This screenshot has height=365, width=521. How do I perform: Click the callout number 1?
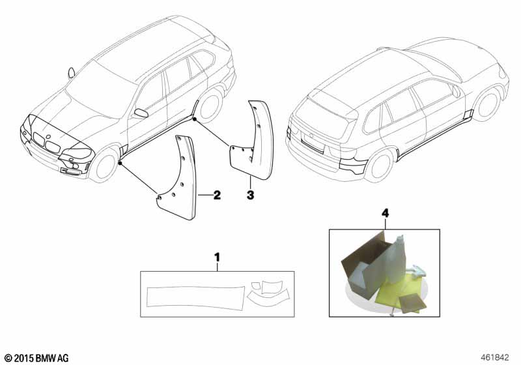[x=217, y=257]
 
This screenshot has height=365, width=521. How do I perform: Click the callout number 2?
[x=217, y=195]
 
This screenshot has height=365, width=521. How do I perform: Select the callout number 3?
[x=250, y=195]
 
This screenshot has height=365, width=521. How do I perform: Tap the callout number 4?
[x=385, y=212]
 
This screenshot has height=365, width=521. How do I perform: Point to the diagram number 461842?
[x=494, y=358]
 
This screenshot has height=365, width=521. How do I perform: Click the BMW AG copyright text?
[x=37, y=358]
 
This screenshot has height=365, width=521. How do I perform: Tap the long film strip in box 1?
[x=196, y=297]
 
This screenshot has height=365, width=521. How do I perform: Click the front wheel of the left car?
[x=105, y=165]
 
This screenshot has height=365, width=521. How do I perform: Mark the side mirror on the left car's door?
[x=141, y=113]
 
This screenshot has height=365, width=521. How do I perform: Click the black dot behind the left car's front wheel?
[x=120, y=163]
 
